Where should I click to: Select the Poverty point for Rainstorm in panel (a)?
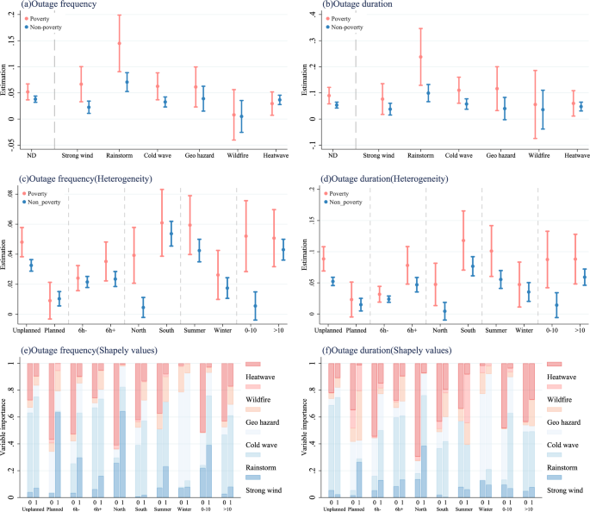tap(119, 43)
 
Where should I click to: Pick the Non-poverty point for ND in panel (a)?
tap(35, 99)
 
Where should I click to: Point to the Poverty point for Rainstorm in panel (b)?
tap(421, 57)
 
